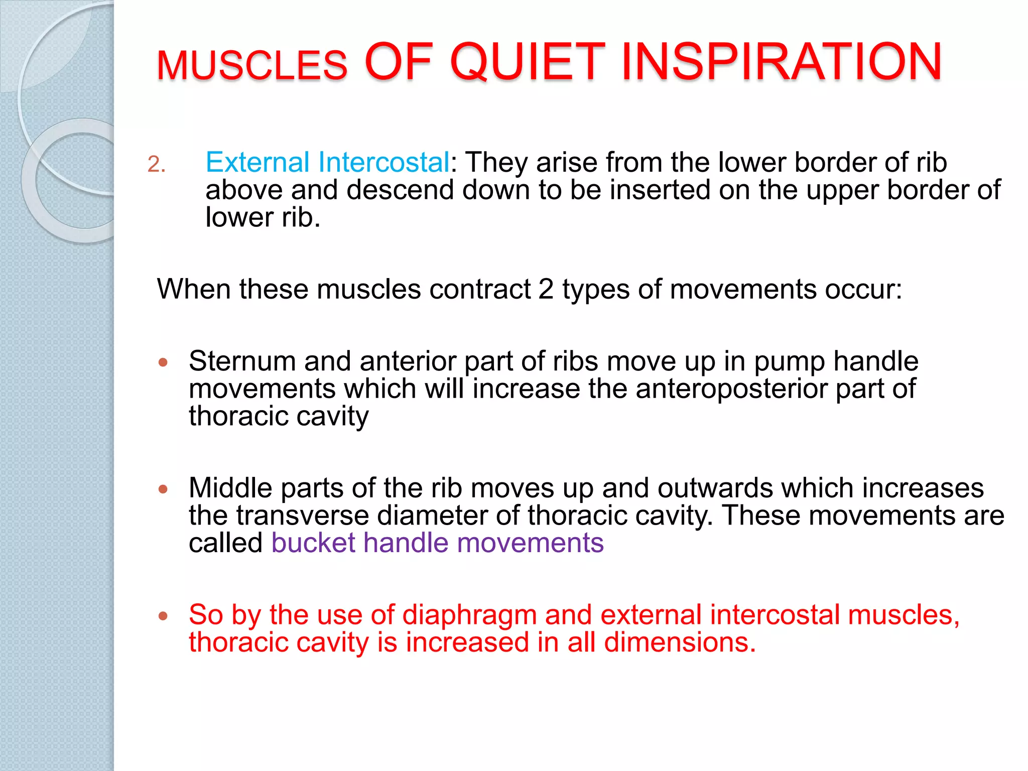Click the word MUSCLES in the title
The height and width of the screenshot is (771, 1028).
pyautogui.click(x=251, y=66)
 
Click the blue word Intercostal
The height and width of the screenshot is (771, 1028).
pyautogui.click(x=383, y=162)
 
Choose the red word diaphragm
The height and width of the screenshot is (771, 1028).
pyautogui.click(x=469, y=615)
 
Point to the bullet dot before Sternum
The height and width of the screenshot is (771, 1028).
pyautogui.click(x=163, y=362)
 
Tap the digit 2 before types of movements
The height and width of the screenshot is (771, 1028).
pyautogui.click(x=546, y=289)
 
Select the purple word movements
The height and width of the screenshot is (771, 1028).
pyautogui.click(x=530, y=543)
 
